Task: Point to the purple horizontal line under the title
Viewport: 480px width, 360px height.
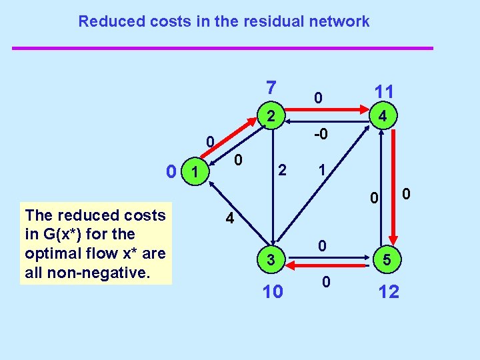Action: (223, 48)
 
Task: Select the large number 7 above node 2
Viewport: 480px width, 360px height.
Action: (270, 87)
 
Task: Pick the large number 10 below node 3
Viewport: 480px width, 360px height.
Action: (273, 291)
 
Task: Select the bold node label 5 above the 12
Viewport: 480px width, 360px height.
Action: (387, 260)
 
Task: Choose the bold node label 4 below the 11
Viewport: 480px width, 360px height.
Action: (383, 117)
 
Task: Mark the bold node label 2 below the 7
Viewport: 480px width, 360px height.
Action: (270, 115)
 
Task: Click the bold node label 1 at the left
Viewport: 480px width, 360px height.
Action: (194, 173)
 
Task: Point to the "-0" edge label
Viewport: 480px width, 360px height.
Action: (321, 135)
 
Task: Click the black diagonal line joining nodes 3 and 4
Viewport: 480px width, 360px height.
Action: (327, 188)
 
